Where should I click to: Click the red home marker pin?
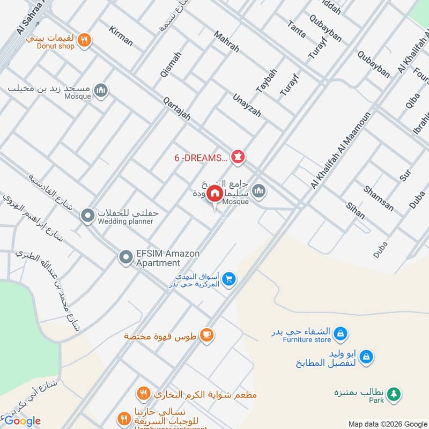point(214,194)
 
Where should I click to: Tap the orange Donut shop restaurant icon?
point(84,39)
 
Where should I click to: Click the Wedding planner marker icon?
point(87,216)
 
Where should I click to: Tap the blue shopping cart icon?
point(229,279)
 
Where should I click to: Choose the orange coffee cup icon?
point(206,336)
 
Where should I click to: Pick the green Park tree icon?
point(394,394)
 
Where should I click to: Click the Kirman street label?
point(120,35)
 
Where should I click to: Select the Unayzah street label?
point(247,105)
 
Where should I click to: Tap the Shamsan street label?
point(378,198)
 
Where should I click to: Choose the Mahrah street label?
point(226,41)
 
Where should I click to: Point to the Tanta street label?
point(296,29)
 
